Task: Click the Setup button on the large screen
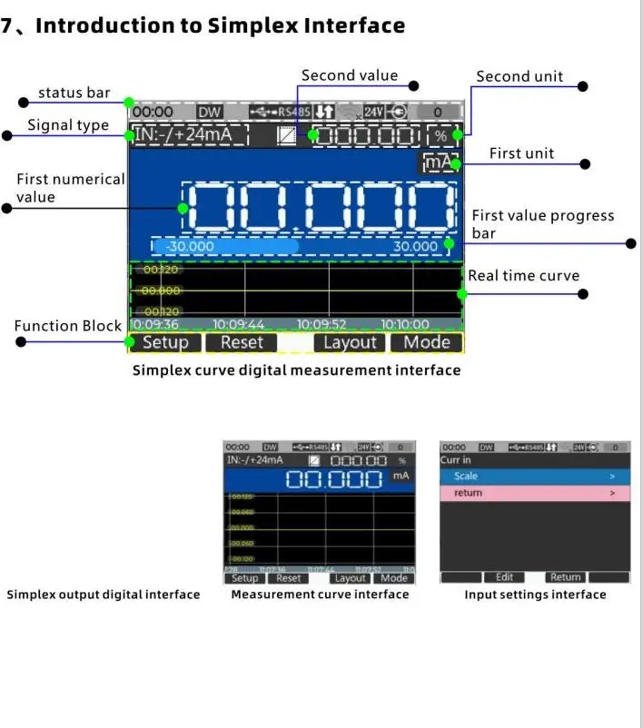pyautogui.click(x=165, y=342)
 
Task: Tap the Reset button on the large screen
pyautogui.click(x=242, y=342)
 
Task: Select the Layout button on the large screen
pyautogui.click(x=350, y=342)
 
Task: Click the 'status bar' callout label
pyautogui.click(x=74, y=93)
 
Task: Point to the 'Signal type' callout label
pyautogui.click(x=68, y=125)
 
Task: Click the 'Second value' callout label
pyautogui.click(x=350, y=75)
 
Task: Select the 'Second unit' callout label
pyautogui.click(x=519, y=76)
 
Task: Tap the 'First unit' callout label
pyautogui.click(x=521, y=153)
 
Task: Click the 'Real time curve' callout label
pyautogui.click(x=523, y=276)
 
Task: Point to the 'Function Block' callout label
pyautogui.click(x=67, y=326)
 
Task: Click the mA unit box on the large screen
pyautogui.click(x=439, y=163)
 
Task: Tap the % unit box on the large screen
pyautogui.click(x=440, y=136)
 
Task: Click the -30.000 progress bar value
pyautogui.click(x=189, y=246)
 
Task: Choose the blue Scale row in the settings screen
pyautogui.click(x=534, y=476)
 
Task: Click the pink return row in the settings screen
pyautogui.click(x=534, y=493)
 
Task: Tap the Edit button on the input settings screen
pyautogui.click(x=504, y=576)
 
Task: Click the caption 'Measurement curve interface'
pyautogui.click(x=320, y=595)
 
